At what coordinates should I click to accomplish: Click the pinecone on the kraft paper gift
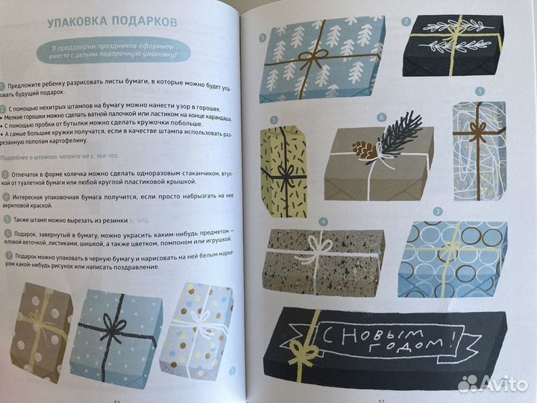click(x=365, y=150)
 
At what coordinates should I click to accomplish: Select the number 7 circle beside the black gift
click(x=406, y=22)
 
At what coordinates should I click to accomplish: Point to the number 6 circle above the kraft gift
click(x=380, y=117)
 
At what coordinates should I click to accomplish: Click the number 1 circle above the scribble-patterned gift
click(x=480, y=93)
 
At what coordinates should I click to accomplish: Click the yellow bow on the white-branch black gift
click(x=453, y=35)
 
